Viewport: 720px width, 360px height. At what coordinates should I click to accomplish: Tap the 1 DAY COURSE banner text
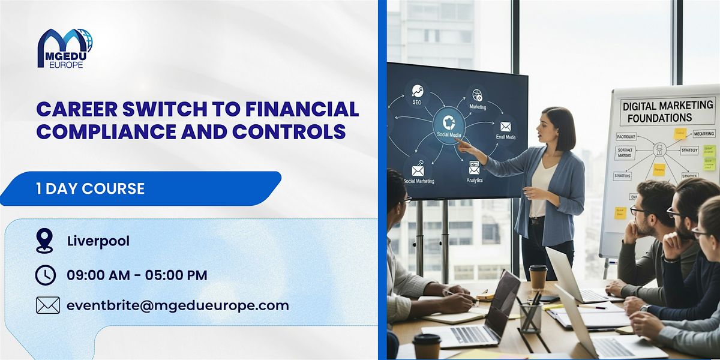point(89,188)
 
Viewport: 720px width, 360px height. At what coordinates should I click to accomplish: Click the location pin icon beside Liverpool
point(44,241)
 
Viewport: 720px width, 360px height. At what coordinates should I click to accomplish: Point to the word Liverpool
point(98,241)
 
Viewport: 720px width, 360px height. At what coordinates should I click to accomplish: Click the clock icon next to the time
point(46,275)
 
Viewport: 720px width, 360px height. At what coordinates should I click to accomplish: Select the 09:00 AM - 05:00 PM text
point(137,275)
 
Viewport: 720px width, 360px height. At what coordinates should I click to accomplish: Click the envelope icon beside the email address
point(47,305)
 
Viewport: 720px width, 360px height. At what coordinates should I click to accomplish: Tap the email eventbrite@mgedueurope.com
point(178,305)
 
